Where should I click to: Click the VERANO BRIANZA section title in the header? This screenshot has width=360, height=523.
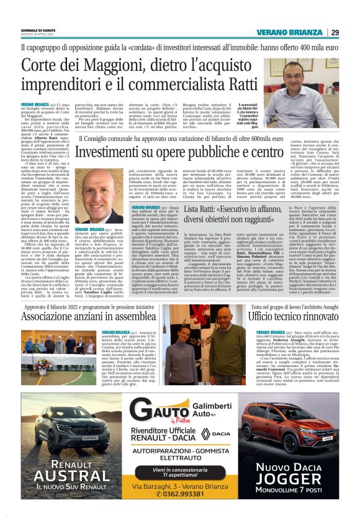click(294, 32)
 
